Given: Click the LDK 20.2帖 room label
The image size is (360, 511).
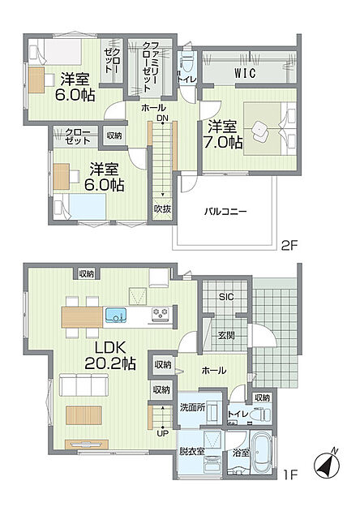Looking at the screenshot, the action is [x=110, y=355].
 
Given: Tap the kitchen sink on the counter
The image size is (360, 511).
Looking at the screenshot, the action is [x=116, y=315].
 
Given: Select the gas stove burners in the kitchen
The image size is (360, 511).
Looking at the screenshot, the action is [x=161, y=314].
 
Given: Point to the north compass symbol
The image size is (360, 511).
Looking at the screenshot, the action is [x=327, y=462].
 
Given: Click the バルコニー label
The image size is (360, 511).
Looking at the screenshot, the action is [x=225, y=212].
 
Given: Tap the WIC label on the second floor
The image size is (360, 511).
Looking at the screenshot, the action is [x=245, y=73].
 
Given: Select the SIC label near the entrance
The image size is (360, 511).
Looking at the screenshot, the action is [x=226, y=297].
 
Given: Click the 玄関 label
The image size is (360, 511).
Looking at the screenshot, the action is [x=226, y=335].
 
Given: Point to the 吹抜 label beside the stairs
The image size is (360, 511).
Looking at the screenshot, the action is [x=162, y=209].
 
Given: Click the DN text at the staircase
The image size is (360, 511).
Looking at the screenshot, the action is [x=162, y=118].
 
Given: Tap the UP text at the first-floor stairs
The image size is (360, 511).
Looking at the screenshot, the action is [x=162, y=434].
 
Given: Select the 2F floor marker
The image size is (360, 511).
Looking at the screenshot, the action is [x=289, y=246].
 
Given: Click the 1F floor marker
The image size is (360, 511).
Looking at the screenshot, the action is [x=290, y=475].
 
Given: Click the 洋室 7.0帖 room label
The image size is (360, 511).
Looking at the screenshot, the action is [x=222, y=135].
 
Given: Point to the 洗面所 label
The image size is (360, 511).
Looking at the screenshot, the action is [x=193, y=407].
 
